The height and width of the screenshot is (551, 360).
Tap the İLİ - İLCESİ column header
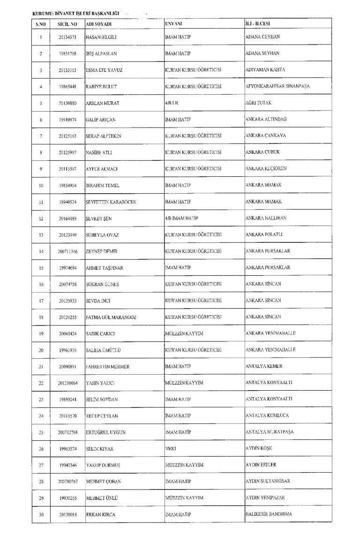258,23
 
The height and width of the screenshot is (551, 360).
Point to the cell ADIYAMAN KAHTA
265,70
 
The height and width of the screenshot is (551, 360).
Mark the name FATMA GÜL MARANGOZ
111,317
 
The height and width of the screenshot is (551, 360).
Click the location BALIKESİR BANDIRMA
269,514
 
